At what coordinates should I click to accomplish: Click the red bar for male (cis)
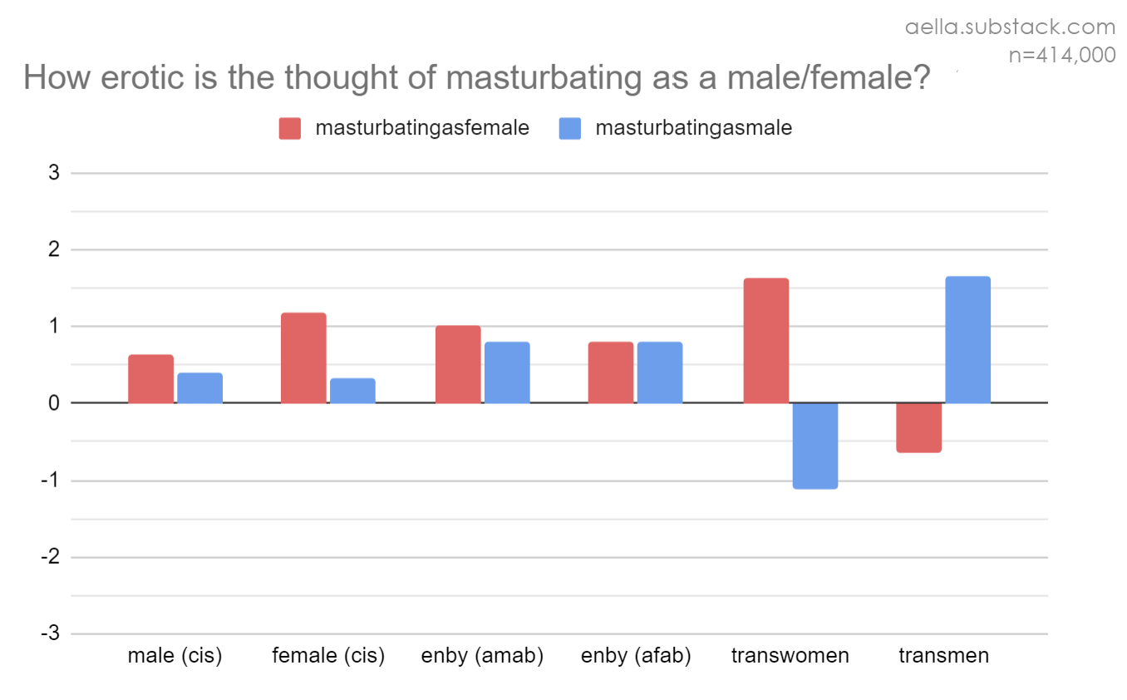[x=150, y=379]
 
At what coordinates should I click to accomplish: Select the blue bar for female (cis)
[x=352, y=391]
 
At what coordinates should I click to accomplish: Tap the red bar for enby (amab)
[x=458, y=364]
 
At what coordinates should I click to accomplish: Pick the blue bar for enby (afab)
[x=660, y=372]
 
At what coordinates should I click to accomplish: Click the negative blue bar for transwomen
[x=815, y=446]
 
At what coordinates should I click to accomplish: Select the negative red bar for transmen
[x=918, y=427]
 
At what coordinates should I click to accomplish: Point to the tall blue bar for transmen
[x=967, y=340]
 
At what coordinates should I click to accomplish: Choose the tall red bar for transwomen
[x=765, y=341]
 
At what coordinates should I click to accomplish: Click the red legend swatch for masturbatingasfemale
[x=290, y=129]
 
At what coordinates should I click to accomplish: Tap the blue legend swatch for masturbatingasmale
[x=570, y=129]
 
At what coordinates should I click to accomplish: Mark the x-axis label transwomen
[x=790, y=656]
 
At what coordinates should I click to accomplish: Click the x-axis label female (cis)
[x=328, y=656]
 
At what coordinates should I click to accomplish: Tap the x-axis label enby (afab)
[x=636, y=656]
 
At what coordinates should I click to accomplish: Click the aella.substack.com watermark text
[x=1010, y=27]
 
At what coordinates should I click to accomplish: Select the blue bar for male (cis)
[x=199, y=388]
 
